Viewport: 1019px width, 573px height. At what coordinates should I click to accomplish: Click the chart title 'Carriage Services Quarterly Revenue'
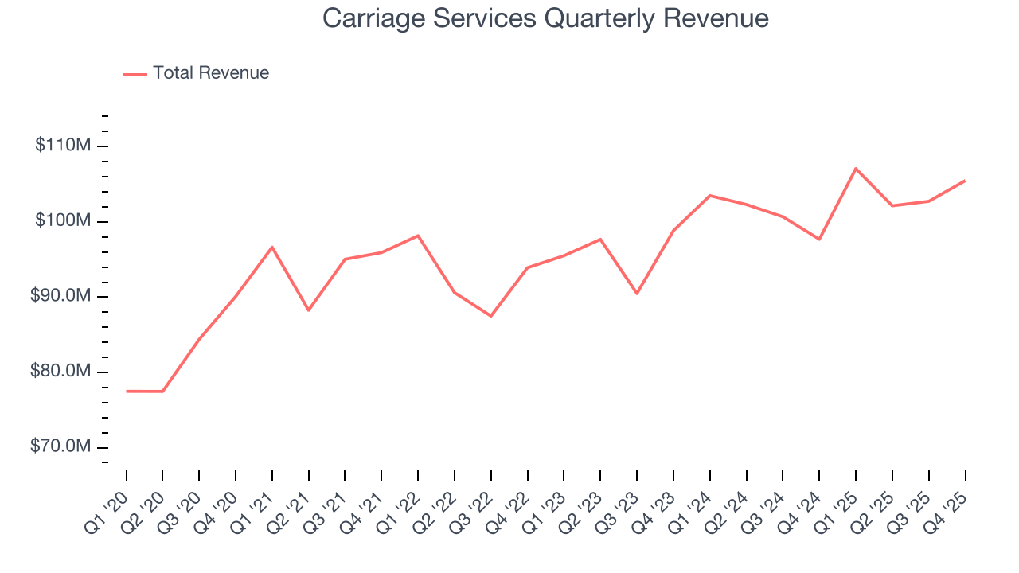pyautogui.click(x=545, y=18)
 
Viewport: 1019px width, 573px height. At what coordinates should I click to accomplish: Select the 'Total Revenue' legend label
pyautogui.click(x=211, y=73)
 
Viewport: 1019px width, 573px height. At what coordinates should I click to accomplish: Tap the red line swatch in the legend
pyautogui.click(x=135, y=74)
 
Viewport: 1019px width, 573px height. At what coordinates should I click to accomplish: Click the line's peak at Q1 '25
pyautogui.click(x=856, y=168)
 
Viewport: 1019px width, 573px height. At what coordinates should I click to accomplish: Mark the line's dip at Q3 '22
pyautogui.click(x=491, y=316)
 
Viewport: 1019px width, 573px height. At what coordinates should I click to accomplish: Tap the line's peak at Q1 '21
pyautogui.click(x=272, y=247)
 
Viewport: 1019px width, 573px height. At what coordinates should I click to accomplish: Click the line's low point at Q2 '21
pyautogui.click(x=309, y=310)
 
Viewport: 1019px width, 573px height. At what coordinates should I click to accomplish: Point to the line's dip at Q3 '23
pyautogui.click(x=637, y=294)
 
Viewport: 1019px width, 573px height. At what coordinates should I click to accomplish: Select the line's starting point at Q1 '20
pyautogui.click(x=127, y=392)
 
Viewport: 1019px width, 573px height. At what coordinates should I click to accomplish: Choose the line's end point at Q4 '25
pyautogui.click(x=965, y=181)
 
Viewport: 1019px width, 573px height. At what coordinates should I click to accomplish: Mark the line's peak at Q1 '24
pyautogui.click(x=709, y=195)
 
